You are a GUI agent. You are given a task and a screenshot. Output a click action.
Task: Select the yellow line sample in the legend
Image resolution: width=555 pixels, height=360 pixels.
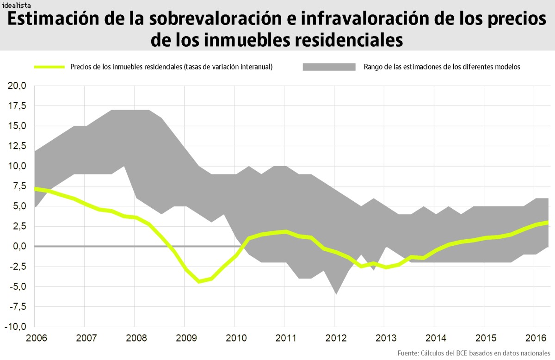49,67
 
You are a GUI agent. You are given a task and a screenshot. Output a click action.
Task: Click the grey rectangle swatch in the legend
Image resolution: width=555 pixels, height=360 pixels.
329,67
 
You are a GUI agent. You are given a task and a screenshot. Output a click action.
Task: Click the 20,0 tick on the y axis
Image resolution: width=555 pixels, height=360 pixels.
17,86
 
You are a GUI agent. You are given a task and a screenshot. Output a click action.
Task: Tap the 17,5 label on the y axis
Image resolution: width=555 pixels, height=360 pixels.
17,106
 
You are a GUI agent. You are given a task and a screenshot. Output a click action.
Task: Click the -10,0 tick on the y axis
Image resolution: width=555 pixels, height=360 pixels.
15,327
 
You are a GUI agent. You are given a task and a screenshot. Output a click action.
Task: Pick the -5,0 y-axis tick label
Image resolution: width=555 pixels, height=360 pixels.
17,286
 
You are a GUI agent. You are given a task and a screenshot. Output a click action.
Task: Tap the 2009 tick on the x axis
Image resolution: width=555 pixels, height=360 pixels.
185,337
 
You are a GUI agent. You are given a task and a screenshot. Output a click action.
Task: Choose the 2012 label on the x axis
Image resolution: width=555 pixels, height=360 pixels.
334,337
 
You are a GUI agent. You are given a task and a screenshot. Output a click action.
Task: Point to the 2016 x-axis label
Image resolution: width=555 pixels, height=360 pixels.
534,337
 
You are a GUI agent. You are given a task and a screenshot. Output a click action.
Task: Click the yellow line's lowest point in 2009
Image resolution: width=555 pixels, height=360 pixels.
199,281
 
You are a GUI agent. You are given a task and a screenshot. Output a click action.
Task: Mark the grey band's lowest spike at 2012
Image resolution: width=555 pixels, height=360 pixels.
336,293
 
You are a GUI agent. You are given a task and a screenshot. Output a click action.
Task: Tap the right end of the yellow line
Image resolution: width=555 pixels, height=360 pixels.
548,223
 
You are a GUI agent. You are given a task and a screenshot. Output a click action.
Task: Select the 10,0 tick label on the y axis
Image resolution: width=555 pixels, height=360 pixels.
17,166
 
